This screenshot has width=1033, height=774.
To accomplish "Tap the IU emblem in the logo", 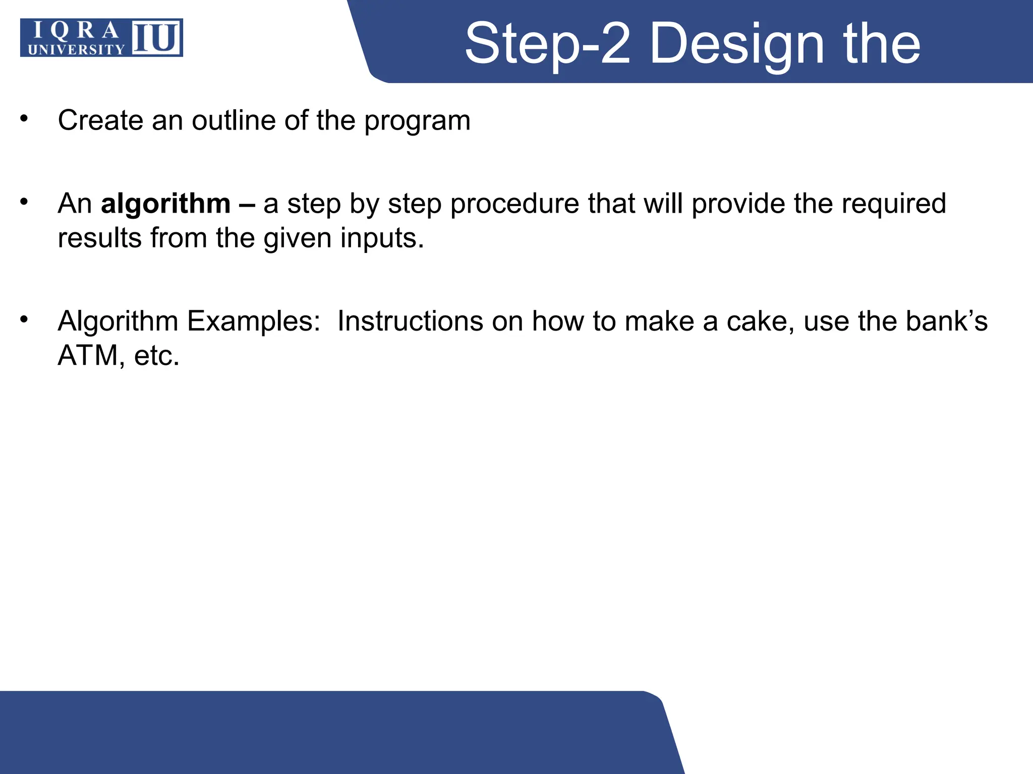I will tap(157, 38).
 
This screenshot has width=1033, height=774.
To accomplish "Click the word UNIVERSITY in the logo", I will tap(76, 49).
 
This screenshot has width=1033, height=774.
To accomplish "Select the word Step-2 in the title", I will tap(547, 44).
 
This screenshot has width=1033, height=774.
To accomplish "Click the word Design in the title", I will tap(736, 44).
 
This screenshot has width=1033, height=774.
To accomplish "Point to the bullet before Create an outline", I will tap(24, 119).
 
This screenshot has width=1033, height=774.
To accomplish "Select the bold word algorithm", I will tap(165, 204).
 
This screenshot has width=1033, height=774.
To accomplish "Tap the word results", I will tap(99, 238).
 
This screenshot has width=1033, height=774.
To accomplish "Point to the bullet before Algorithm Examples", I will tap(24, 319).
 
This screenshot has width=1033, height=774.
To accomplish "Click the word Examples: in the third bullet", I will tap(254, 321).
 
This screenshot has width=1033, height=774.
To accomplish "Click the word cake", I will tap(760, 321).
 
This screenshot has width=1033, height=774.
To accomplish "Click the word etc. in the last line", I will tap(156, 356).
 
